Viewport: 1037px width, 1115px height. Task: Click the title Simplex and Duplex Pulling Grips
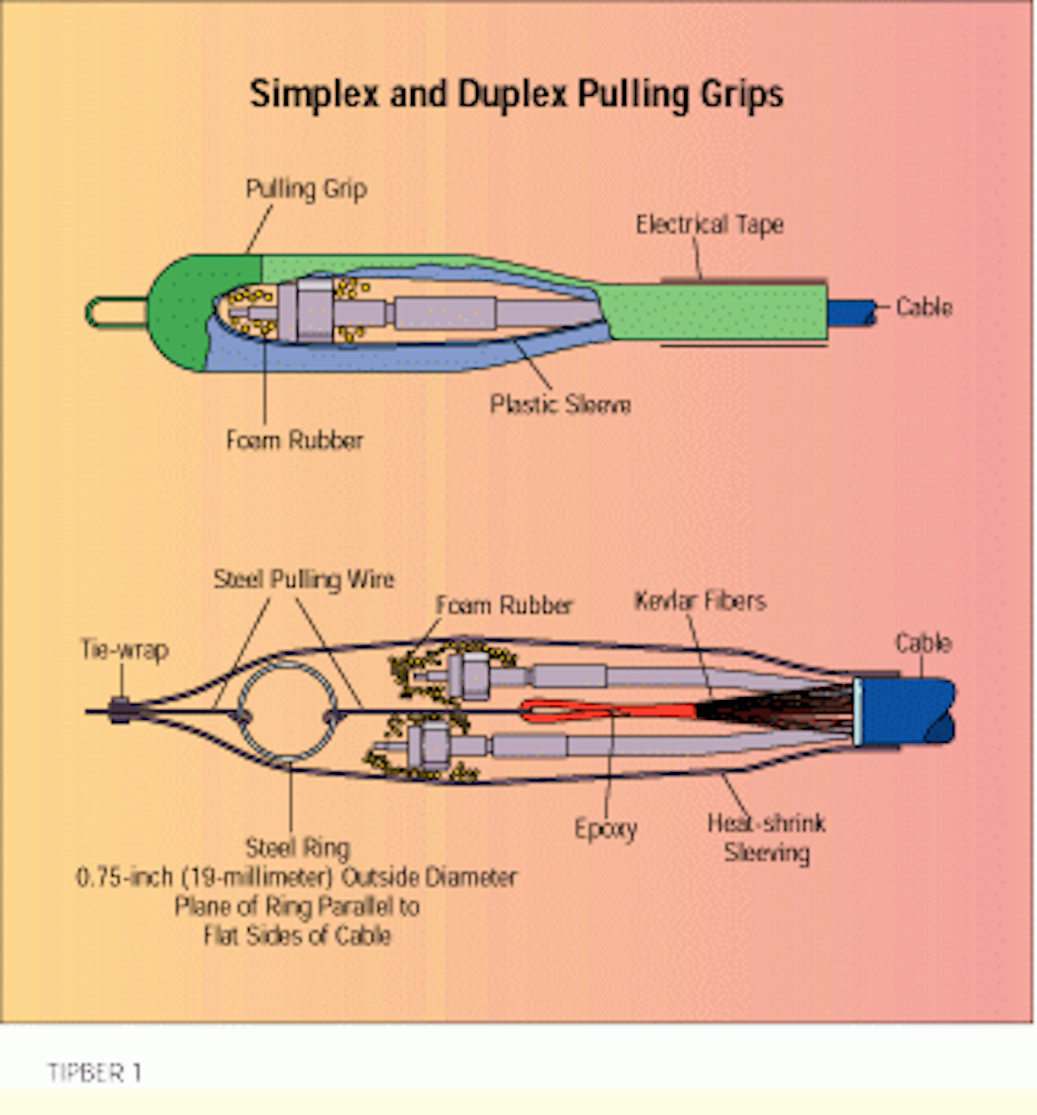pos(516,94)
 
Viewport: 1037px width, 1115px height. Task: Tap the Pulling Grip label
pos(306,189)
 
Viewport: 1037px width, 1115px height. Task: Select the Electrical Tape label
pos(709,225)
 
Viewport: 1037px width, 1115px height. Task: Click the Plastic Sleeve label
pos(560,404)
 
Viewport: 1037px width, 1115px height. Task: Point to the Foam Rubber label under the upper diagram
pos(295,440)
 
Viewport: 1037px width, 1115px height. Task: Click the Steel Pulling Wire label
pos(304,580)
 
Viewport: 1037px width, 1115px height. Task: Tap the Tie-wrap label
pos(125,650)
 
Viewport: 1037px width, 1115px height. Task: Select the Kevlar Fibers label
pos(700,601)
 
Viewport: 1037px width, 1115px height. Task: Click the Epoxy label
pos(606,829)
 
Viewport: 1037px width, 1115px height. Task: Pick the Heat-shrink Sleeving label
pos(766,838)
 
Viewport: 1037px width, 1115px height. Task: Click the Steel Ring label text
pos(297,848)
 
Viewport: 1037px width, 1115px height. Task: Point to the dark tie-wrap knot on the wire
pos(119,711)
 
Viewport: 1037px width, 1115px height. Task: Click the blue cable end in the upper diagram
pos(851,313)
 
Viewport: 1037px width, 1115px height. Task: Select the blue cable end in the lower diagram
pos(905,712)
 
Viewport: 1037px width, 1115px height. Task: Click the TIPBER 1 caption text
pos(94,1073)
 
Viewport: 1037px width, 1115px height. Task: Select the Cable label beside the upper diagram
pos(924,308)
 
